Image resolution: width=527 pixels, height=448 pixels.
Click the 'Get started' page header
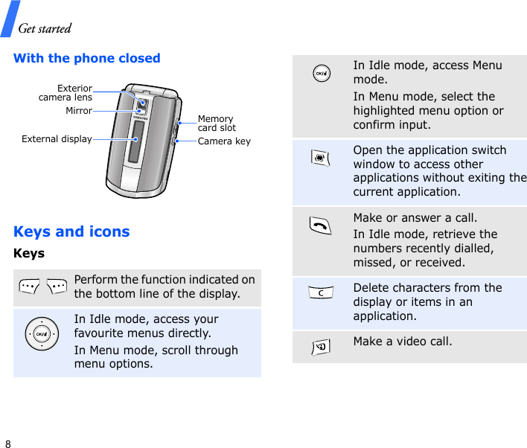(x=45, y=29)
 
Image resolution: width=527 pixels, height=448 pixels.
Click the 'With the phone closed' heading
(x=87, y=58)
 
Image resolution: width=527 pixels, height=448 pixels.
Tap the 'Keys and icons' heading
(x=71, y=231)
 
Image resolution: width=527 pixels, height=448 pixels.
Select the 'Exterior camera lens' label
(x=66, y=93)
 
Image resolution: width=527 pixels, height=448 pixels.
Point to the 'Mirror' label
(x=79, y=111)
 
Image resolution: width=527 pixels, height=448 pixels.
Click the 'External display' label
(x=57, y=138)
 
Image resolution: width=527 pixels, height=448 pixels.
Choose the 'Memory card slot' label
(x=216, y=124)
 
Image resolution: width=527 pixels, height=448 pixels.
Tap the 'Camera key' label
(x=224, y=141)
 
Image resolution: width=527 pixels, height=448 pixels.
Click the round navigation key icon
(x=40, y=334)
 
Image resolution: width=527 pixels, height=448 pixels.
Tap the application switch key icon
(x=322, y=159)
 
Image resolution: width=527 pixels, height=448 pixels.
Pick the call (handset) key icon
(x=322, y=227)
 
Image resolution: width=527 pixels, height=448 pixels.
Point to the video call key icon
(x=322, y=345)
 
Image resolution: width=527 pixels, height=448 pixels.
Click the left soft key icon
(x=31, y=287)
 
